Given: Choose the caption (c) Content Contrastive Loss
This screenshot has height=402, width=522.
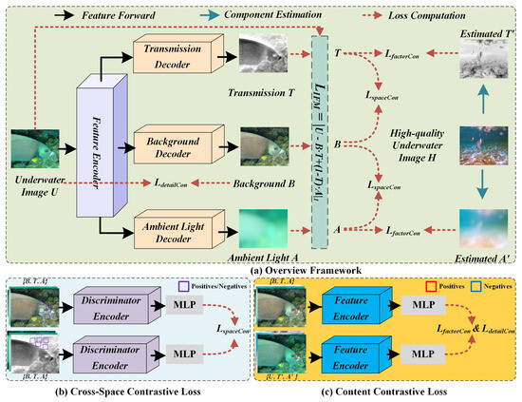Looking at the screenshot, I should point(392,392).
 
